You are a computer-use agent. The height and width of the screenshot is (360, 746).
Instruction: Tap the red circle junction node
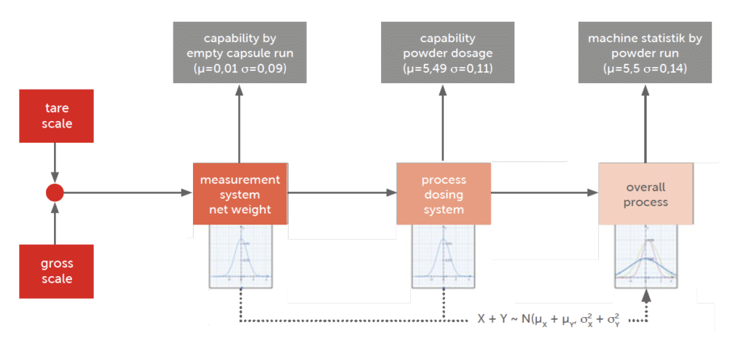[x=55, y=193]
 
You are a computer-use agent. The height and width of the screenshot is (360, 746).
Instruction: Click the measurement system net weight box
[x=240, y=194]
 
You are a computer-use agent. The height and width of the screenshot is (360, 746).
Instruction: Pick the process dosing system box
[x=443, y=194]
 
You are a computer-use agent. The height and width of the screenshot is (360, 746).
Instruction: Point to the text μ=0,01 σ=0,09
[x=240, y=69]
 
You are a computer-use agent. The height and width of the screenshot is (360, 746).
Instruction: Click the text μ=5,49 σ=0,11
[x=447, y=69]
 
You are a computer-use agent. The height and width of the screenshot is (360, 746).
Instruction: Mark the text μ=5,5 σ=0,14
[x=645, y=69]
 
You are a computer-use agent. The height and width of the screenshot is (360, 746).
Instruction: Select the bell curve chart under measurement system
[x=240, y=255]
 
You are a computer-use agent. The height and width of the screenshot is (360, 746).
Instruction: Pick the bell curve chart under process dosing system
[x=443, y=255]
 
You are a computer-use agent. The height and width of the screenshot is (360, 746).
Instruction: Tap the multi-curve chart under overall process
[x=645, y=255]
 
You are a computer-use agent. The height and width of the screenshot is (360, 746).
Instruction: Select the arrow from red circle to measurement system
[x=124, y=193]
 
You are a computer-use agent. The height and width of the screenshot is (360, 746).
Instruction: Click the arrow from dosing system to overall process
[x=543, y=193]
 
